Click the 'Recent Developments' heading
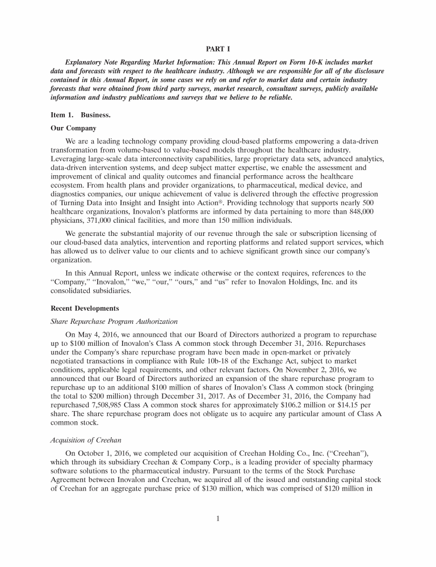[83, 309]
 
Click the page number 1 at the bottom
[217, 517]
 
